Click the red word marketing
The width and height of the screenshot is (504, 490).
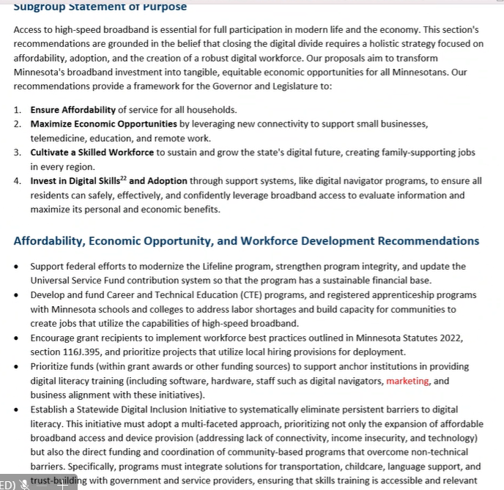(x=407, y=381)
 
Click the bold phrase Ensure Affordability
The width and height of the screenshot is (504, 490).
(x=73, y=110)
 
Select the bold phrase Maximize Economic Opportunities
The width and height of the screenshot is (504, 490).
(x=103, y=124)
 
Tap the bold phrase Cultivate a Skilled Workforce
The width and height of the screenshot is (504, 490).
(x=92, y=152)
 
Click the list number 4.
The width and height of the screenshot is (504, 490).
(x=17, y=181)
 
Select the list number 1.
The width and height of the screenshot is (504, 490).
(x=17, y=110)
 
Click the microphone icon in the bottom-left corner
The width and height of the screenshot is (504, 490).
(x=24, y=483)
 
